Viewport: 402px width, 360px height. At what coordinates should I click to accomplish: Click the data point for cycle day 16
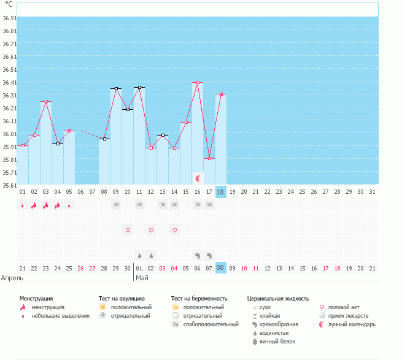click(198, 83)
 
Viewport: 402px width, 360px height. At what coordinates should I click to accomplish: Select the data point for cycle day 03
click(46, 101)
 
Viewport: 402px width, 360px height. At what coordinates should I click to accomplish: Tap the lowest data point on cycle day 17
click(209, 159)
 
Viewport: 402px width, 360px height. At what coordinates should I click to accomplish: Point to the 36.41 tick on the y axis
click(10, 83)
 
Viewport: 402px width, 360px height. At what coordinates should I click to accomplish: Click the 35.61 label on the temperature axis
click(10, 185)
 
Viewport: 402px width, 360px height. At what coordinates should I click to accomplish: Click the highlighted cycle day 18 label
click(220, 192)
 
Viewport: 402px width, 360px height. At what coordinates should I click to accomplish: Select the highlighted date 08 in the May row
click(220, 268)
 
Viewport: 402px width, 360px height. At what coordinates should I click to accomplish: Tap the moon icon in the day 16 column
click(198, 178)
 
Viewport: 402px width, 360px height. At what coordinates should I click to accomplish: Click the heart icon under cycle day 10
click(128, 230)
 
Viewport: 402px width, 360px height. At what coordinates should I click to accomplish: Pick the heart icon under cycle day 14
click(174, 230)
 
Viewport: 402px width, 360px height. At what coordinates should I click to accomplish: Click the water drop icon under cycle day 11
click(139, 256)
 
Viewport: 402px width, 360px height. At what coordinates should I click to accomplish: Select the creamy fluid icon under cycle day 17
click(209, 256)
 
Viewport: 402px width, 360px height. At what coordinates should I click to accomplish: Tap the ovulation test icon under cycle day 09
click(117, 205)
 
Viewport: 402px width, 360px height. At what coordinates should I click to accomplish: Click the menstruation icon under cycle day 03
click(46, 205)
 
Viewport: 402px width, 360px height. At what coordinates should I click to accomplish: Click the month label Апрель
click(12, 278)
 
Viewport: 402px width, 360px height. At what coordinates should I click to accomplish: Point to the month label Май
click(142, 278)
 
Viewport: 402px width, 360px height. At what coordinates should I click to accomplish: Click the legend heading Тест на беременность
click(199, 299)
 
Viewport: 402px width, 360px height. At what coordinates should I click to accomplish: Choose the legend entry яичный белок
click(277, 342)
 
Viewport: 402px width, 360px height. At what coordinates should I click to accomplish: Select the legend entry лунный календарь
click(352, 324)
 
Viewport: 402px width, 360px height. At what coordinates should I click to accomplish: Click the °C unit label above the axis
click(9, 4)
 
